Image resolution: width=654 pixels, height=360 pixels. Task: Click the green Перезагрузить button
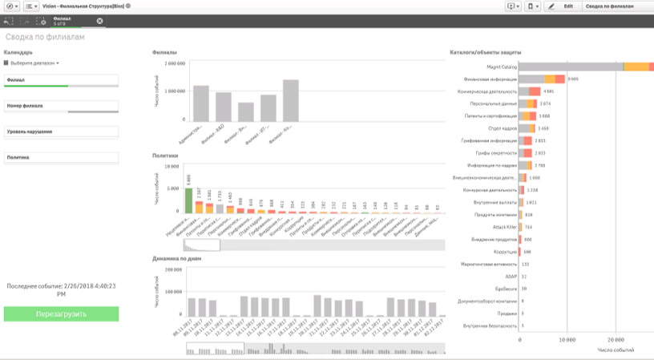click(x=61, y=313)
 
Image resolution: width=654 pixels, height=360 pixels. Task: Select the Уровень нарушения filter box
click(x=61, y=131)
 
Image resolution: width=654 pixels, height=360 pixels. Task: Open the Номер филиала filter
click(x=61, y=106)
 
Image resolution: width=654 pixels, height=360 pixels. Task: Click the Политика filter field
click(x=61, y=157)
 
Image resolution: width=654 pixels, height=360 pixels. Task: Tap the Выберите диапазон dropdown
click(x=34, y=63)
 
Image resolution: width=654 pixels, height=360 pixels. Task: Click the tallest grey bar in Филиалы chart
click(x=290, y=100)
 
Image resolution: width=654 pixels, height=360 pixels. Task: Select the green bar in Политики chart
click(x=188, y=199)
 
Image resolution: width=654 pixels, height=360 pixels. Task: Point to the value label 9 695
click(x=573, y=79)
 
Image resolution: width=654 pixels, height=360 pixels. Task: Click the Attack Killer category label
click(x=502, y=227)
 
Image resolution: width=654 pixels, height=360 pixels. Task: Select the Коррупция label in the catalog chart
click(x=503, y=252)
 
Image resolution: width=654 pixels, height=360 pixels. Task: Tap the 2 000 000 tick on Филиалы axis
click(x=176, y=62)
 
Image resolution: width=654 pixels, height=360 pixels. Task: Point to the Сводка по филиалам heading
click(x=44, y=38)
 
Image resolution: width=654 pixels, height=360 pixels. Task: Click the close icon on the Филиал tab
click(x=100, y=21)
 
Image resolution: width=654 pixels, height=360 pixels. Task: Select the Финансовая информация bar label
click(x=490, y=79)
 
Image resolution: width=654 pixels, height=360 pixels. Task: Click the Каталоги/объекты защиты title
click(x=483, y=53)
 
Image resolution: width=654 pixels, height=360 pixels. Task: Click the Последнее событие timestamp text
click(x=61, y=289)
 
